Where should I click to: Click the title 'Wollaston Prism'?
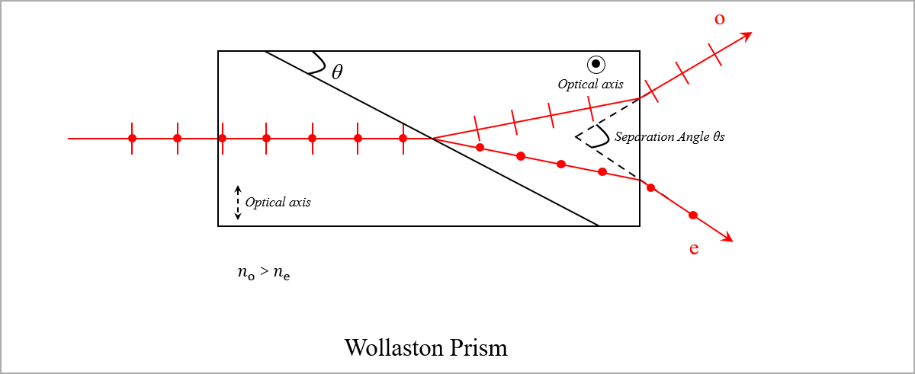(x=425, y=348)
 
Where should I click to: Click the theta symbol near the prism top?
(x=337, y=72)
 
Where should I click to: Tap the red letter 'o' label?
(x=719, y=19)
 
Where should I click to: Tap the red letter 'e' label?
(x=694, y=248)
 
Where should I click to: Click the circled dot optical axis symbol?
(x=596, y=65)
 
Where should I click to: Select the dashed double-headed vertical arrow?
(x=237, y=202)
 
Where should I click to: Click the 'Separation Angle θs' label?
(x=669, y=137)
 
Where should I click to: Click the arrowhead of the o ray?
(x=747, y=35)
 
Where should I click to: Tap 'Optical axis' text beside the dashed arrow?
(x=278, y=203)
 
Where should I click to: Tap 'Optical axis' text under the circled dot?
(x=591, y=85)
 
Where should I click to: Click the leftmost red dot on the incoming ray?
(x=132, y=139)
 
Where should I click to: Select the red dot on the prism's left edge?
(x=222, y=139)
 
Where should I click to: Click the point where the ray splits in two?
(x=432, y=139)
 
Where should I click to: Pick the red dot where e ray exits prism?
(x=650, y=187)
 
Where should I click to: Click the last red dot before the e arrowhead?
(x=692, y=216)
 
